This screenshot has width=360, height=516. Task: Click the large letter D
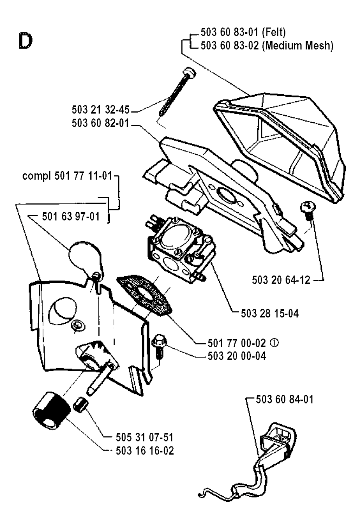pos(26,42)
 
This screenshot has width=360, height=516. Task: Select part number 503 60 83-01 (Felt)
pos(243,32)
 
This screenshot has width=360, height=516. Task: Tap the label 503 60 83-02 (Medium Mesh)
pos(267,46)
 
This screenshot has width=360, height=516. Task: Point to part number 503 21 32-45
pos(101,110)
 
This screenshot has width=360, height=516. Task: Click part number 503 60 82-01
pos(101,123)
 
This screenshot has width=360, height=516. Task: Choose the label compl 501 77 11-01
pos(67,176)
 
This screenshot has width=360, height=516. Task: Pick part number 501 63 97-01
pos(71,217)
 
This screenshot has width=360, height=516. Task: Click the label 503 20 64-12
pos(281,280)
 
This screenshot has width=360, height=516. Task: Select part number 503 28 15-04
pos(270,314)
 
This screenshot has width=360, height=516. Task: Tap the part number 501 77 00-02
pos(237,343)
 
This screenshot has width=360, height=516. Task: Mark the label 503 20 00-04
pos(237,356)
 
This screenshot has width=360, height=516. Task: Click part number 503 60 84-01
pos(284,399)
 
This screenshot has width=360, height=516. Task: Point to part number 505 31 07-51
pos(144,438)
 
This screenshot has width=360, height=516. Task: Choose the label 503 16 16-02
pos(144,451)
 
